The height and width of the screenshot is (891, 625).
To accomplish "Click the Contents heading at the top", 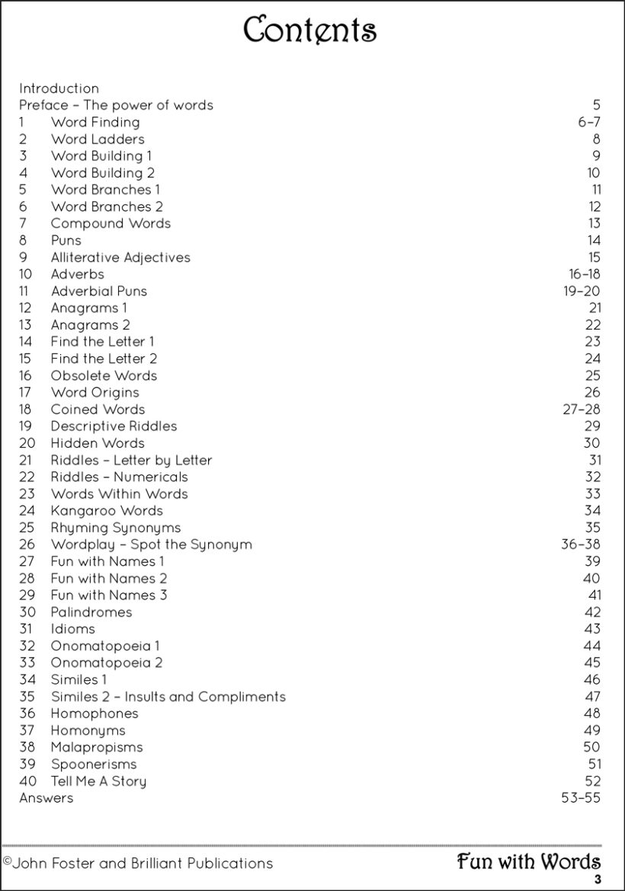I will click(x=309, y=30).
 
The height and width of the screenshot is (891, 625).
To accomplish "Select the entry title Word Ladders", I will click(x=98, y=139).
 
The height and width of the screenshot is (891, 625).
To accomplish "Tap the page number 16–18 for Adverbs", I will click(x=584, y=274).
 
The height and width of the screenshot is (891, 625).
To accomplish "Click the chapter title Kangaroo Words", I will click(x=107, y=510).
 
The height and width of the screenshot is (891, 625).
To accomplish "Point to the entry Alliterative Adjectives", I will click(x=120, y=257).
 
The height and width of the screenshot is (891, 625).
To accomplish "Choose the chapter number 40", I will click(x=27, y=781).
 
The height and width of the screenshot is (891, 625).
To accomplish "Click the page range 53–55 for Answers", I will click(x=580, y=797).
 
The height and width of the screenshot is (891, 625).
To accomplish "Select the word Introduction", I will click(x=59, y=88).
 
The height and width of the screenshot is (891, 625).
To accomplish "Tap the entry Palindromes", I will click(x=91, y=612).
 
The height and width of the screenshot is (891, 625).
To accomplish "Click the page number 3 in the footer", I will click(x=598, y=880).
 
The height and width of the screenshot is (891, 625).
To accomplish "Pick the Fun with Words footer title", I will click(x=528, y=861).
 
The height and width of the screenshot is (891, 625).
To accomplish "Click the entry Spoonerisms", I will click(x=94, y=764).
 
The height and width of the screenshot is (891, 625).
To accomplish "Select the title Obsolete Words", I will click(x=104, y=375).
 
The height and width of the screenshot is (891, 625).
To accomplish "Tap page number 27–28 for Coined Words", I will click(x=581, y=409).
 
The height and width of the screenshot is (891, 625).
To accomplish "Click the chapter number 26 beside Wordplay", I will click(x=27, y=544).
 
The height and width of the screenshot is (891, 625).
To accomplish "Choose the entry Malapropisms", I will click(x=97, y=747).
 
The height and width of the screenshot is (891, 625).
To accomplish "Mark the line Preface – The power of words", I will click(x=116, y=105).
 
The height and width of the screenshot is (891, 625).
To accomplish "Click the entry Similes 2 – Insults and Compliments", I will click(x=168, y=696).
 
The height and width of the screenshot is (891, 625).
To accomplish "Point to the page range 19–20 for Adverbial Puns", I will click(x=582, y=291).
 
